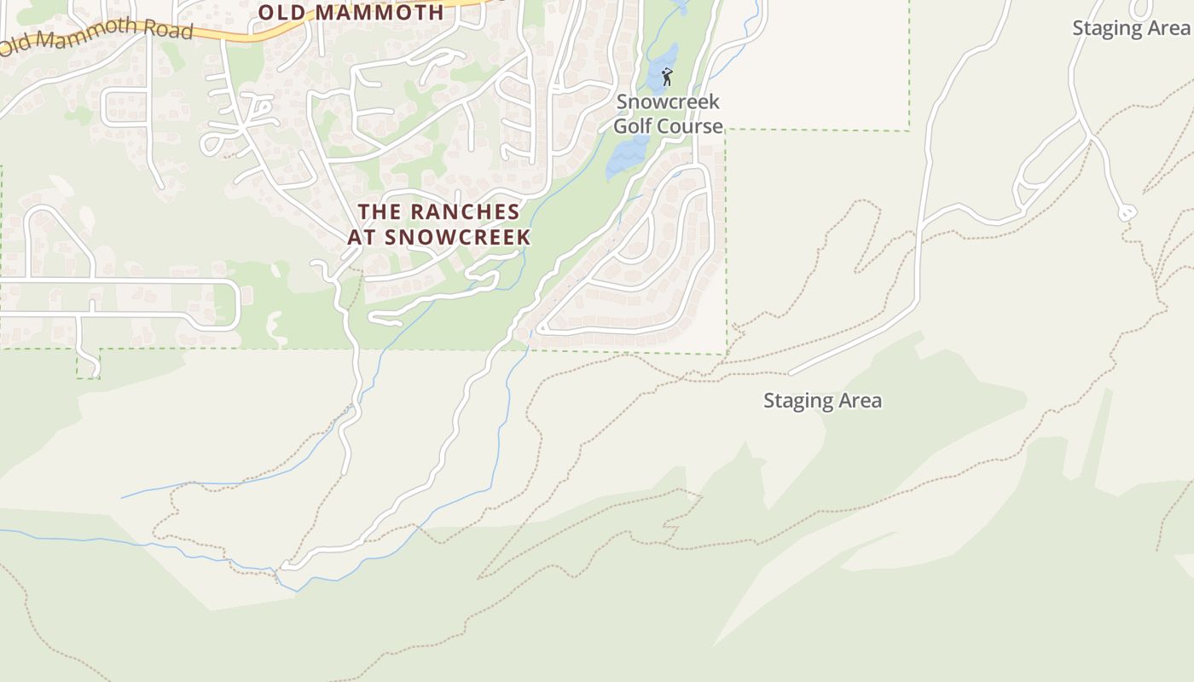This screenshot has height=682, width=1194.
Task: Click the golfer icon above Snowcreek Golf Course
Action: click(x=667, y=78)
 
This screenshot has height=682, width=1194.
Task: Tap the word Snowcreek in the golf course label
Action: click(x=668, y=102)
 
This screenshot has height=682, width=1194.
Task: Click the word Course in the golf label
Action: click(x=691, y=126)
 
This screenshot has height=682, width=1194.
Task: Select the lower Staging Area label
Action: click(x=822, y=401)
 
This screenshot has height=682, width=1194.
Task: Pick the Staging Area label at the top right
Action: click(x=1131, y=27)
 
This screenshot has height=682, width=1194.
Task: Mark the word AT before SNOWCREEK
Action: click(x=361, y=237)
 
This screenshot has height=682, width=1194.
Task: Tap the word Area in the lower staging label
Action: click(x=860, y=401)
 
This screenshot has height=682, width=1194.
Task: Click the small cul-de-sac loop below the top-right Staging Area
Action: click(x=1127, y=211)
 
